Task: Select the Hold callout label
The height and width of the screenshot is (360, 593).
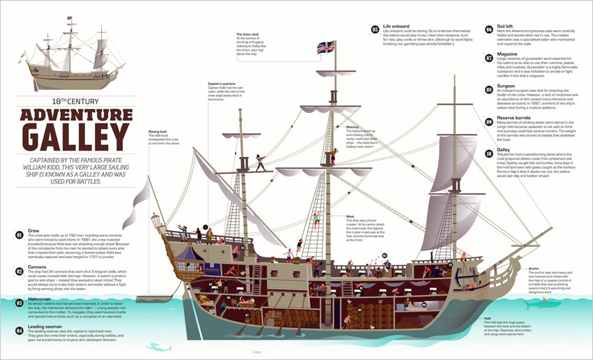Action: [486, 317]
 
